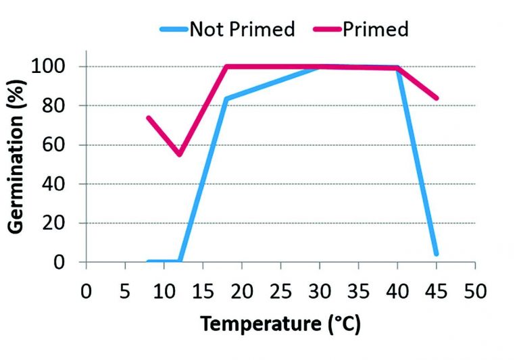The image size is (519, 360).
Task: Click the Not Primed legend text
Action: [243, 30]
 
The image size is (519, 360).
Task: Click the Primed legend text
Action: [375, 30]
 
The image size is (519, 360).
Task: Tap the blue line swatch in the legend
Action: [174, 30]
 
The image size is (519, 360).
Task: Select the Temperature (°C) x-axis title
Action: [280, 324]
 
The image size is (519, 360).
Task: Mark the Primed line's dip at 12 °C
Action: [179, 155]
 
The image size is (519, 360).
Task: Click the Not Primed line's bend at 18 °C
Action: [226, 99]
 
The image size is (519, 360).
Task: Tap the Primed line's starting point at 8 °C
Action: [148, 118]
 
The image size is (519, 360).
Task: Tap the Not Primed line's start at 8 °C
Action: [148, 261]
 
